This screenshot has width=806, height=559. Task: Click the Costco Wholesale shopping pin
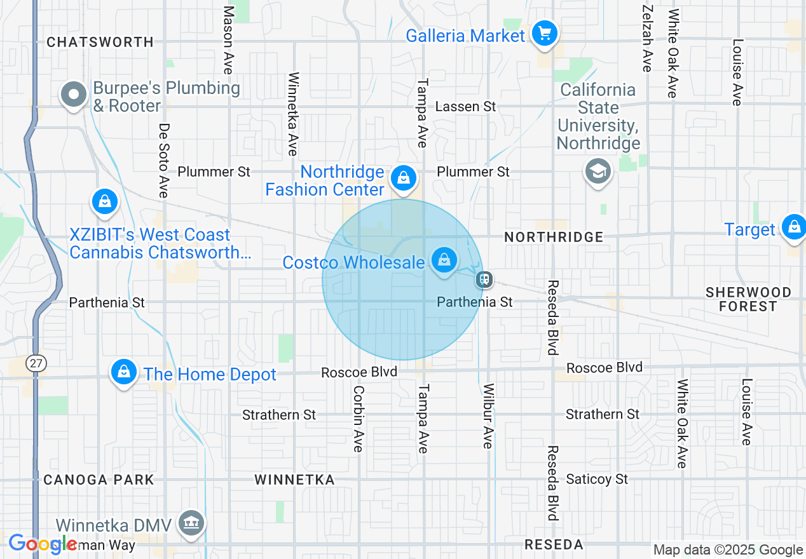pyautogui.click(x=444, y=260)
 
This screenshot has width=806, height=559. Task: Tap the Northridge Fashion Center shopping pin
pyautogui.click(x=403, y=178)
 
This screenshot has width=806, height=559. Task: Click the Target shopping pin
pyautogui.click(x=794, y=227)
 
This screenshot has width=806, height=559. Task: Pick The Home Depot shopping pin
pyautogui.click(x=124, y=372)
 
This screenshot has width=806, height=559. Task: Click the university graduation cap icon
pyautogui.click(x=598, y=172)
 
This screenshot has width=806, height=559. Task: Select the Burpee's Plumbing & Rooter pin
pyautogui.click(x=74, y=95)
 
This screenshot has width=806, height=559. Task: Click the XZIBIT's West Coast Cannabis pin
pyautogui.click(x=104, y=202)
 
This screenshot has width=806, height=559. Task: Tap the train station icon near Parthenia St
pyautogui.click(x=484, y=279)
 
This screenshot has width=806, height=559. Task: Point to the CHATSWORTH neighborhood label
pyautogui.click(x=100, y=42)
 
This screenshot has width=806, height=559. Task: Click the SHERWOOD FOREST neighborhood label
pyautogui.click(x=748, y=299)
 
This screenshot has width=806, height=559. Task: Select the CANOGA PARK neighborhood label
pyautogui.click(x=99, y=480)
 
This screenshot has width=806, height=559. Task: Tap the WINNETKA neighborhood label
pyautogui.click(x=294, y=480)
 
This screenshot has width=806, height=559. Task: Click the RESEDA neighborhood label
pyautogui.click(x=554, y=544)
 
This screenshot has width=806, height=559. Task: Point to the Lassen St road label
pyautogui.click(x=465, y=106)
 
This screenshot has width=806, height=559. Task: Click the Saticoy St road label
pyautogui.click(x=597, y=479)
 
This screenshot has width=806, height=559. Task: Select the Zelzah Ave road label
pyautogui.click(x=647, y=39)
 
